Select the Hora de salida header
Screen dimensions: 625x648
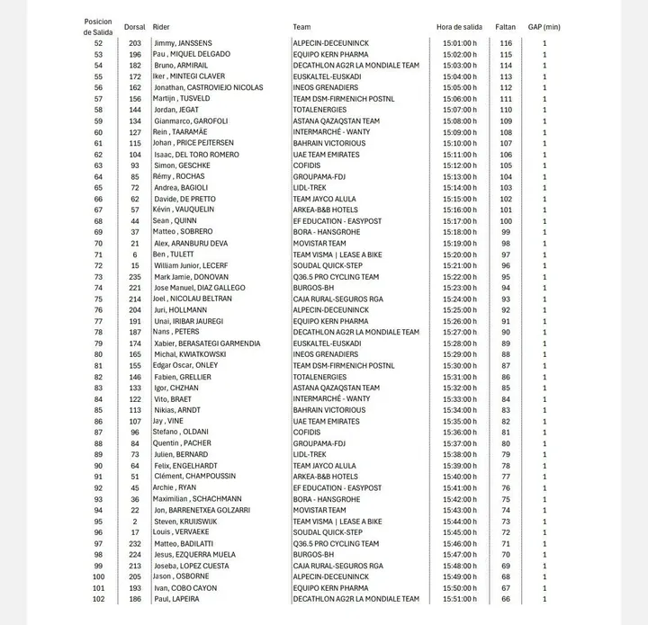[x=459, y=27]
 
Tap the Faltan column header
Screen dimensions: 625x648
[x=506, y=27]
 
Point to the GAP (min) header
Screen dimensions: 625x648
[x=544, y=27]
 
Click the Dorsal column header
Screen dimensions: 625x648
[x=135, y=27]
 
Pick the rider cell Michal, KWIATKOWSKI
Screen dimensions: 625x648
[x=190, y=354]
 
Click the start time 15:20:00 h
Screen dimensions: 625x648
[x=458, y=254]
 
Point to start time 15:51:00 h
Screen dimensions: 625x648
[x=458, y=599]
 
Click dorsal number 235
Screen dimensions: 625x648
[x=135, y=276]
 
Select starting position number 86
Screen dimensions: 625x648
[x=98, y=421]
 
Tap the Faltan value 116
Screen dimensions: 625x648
[x=506, y=43]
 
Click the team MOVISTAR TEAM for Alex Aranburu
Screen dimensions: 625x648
[x=319, y=243]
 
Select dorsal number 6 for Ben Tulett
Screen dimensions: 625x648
[x=135, y=254]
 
